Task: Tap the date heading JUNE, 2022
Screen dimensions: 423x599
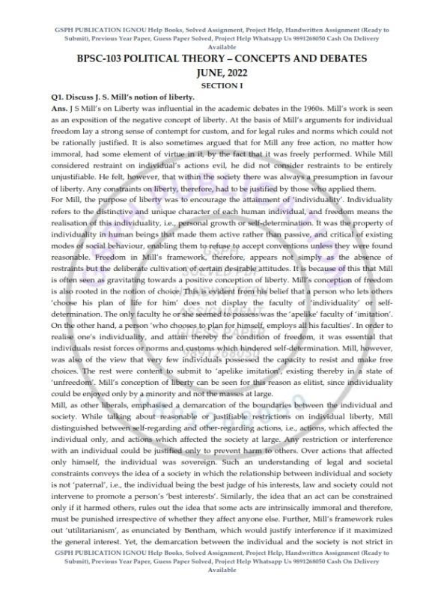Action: [x=212, y=73]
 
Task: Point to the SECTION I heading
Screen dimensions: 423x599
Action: [x=212, y=86]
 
